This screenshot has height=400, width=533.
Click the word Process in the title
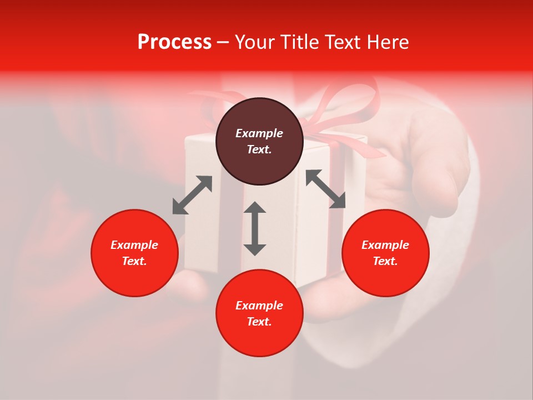(x=174, y=42)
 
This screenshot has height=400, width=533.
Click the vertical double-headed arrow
(x=255, y=228)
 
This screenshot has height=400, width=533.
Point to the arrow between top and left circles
(x=192, y=195)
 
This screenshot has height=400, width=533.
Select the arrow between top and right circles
(x=325, y=189)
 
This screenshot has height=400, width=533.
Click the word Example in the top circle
(x=259, y=133)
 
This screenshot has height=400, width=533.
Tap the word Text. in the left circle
(x=134, y=261)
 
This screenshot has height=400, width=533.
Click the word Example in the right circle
(x=385, y=245)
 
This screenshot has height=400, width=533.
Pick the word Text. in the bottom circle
(x=259, y=322)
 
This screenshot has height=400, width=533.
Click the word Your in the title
(x=254, y=42)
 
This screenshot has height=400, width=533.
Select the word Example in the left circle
(x=134, y=245)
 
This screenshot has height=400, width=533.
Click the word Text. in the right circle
(x=385, y=261)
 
